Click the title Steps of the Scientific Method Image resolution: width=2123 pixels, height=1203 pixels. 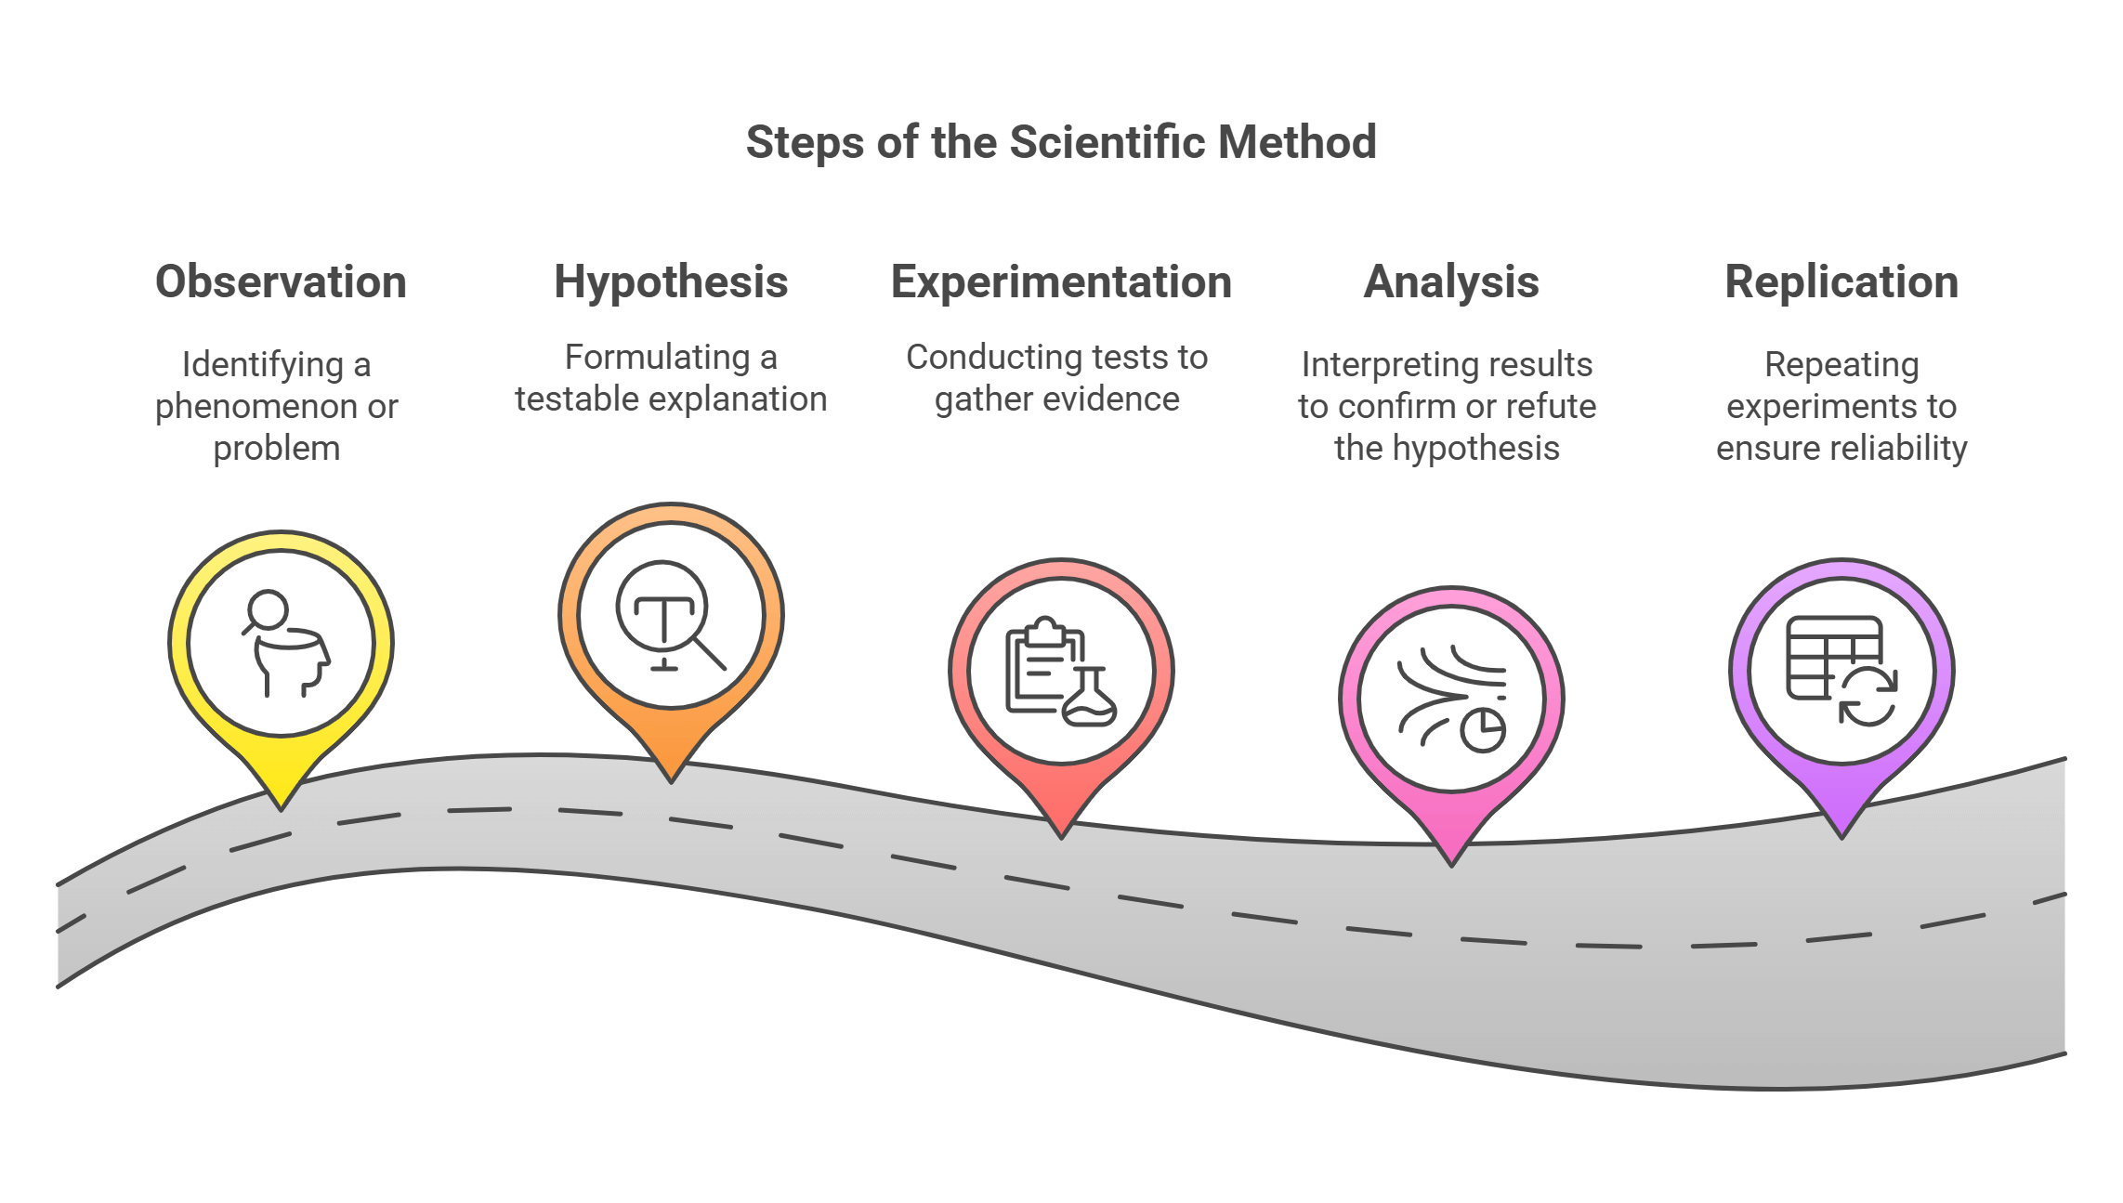click(x=1061, y=143)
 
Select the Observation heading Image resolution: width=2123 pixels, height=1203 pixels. click(x=281, y=281)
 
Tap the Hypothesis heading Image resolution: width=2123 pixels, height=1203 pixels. click(x=671, y=281)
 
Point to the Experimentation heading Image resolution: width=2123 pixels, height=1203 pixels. click(x=1061, y=281)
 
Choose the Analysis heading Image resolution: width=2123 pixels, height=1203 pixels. click(x=1451, y=281)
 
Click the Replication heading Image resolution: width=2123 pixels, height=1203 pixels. click(x=1841, y=281)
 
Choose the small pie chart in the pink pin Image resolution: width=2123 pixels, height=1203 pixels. click(x=1483, y=730)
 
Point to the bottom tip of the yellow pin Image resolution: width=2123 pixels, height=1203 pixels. click(x=282, y=806)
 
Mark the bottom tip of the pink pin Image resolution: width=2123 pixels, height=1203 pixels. click(x=1451, y=862)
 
